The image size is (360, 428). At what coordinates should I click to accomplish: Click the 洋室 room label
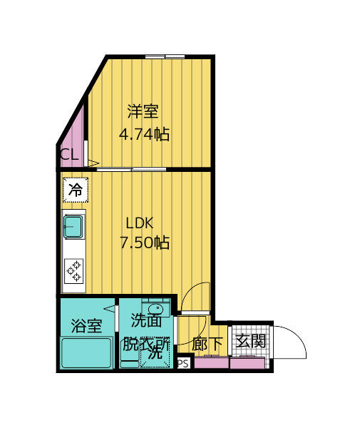pos(143,112)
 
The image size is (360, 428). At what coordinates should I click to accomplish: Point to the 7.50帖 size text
pos(144,243)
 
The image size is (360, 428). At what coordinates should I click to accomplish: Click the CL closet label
pos(69,155)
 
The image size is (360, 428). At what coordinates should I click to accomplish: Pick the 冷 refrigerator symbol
pos(75,190)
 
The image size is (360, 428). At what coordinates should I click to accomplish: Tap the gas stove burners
pos(74,270)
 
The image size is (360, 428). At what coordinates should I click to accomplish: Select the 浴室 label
pos(86,326)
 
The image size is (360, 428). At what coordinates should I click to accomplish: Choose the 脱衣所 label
pos(146,344)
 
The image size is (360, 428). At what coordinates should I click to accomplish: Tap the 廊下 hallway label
pos(207,344)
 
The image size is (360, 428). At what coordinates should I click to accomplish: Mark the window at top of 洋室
pos(165,56)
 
